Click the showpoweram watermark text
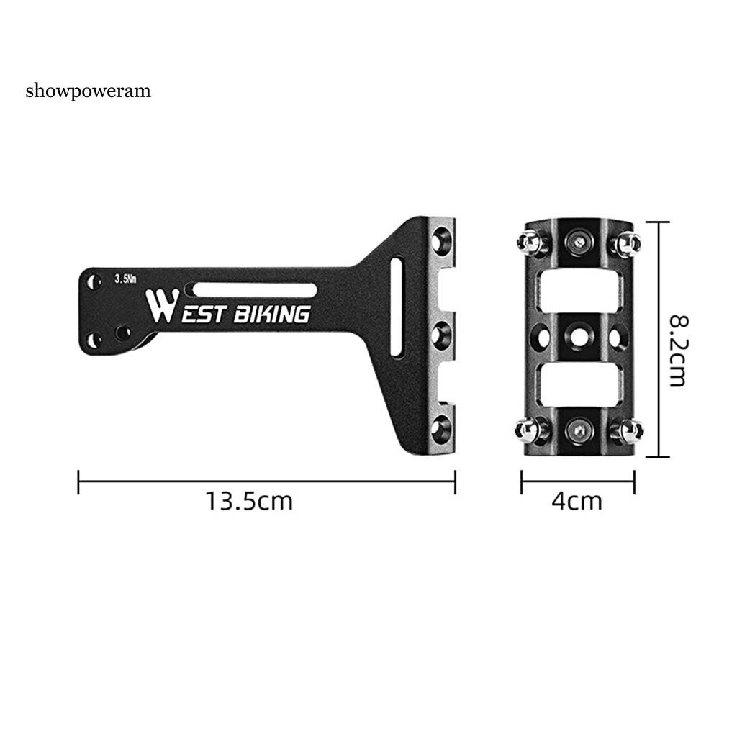[x=89, y=91]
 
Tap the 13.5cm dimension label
[x=249, y=501]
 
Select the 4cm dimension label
[x=577, y=501]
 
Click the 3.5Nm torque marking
[x=125, y=279]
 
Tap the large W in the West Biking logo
[x=162, y=305]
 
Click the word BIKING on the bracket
[x=272, y=314]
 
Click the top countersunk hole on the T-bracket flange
[x=441, y=240]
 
